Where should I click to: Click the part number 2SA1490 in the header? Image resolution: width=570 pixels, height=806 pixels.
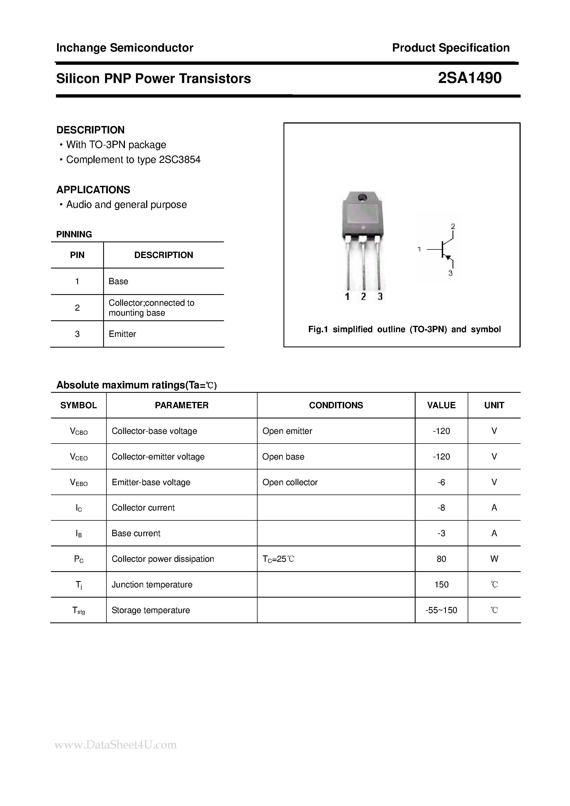click(470, 78)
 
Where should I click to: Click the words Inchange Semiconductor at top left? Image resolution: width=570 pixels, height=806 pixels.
click(125, 48)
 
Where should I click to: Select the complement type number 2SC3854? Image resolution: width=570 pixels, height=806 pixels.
click(180, 160)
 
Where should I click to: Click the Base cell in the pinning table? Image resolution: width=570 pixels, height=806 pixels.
click(118, 281)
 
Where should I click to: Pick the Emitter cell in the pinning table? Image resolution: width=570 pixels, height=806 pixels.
click(122, 334)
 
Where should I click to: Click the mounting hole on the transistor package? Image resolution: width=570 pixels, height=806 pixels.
click(362, 198)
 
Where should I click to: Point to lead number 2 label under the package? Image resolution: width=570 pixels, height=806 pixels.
click(363, 297)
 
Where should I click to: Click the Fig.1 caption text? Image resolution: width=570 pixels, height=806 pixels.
click(404, 329)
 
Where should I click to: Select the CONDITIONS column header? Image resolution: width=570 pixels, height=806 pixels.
click(336, 405)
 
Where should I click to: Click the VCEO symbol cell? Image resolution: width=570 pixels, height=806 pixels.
click(79, 457)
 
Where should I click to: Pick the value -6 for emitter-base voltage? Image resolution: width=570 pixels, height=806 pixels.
click(441, 482)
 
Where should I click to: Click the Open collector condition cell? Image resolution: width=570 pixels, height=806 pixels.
click(290, 482)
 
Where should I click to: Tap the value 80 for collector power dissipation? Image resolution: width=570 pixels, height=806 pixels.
click(441, 559)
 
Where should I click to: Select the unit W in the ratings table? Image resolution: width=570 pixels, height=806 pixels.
click(494, 559)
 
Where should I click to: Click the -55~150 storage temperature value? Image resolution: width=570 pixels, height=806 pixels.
click(441, 610)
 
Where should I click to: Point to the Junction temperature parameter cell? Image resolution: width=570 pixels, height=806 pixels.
click(152, 584)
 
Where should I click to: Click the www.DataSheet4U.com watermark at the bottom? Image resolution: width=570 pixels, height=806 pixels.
click(116, 745)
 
